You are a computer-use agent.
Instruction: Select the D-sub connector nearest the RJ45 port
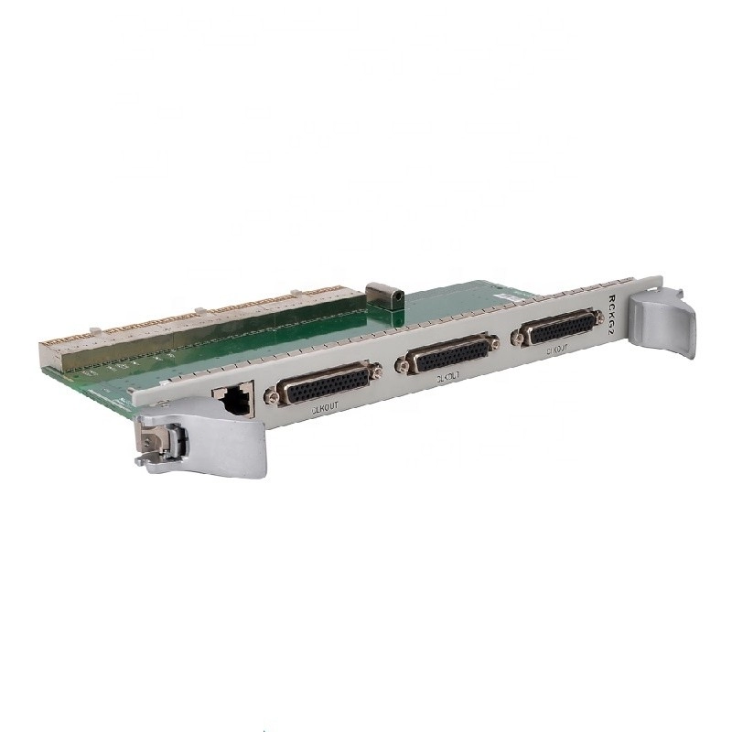click(323, 383)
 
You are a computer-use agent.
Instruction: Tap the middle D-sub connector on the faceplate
click(448, 354)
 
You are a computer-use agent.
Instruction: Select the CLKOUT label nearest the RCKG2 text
click(559, 349)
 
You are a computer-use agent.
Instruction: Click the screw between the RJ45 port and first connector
click(271, 398)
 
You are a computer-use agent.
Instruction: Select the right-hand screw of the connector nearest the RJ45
click(374, 371)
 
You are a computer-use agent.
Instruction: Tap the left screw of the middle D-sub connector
click(401, 366)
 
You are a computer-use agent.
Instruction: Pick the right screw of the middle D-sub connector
click(495, 343)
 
